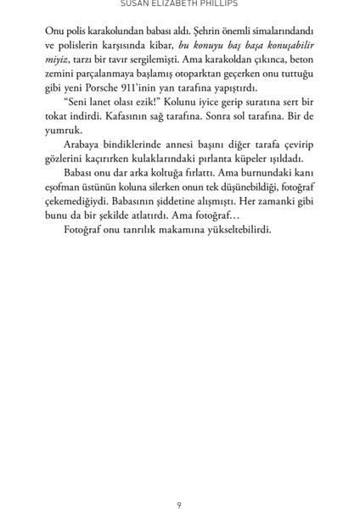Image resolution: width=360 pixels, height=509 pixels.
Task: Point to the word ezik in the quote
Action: [x=138, y=103]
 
